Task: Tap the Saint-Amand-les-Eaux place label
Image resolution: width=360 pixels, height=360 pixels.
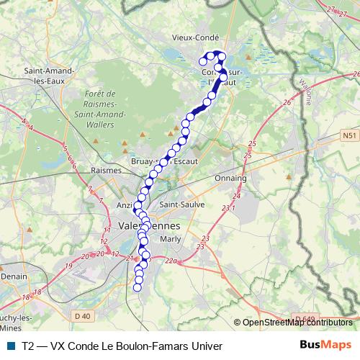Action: (47, 76)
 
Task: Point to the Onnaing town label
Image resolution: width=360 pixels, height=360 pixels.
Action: (230, 177)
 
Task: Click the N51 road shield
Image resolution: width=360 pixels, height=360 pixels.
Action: (348, 135)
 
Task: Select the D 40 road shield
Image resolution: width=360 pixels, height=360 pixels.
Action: (83, 315)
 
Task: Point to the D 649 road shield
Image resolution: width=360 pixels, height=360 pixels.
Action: (305, 318)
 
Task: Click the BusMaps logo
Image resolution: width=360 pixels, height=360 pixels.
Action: (325, 345)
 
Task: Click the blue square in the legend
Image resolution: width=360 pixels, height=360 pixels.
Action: (10, 346)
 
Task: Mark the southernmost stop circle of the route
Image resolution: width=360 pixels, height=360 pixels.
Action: (138, 288)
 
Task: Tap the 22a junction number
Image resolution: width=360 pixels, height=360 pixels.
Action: (171, 261)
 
